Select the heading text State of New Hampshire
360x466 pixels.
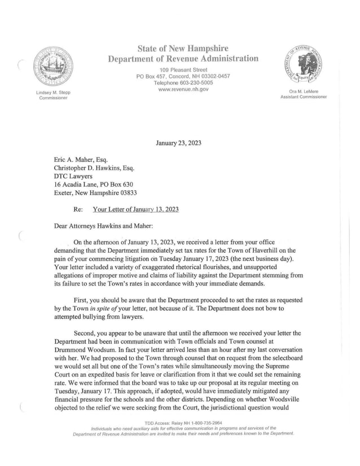pyautogui.click(x=183, y=49)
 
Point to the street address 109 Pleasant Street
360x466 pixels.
pyautogui.click(x=183, y=69)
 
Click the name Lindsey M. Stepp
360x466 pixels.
pyautogui.click(x=51, y=92)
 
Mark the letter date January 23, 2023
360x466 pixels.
pyautogui.click(x=178, y=143)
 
